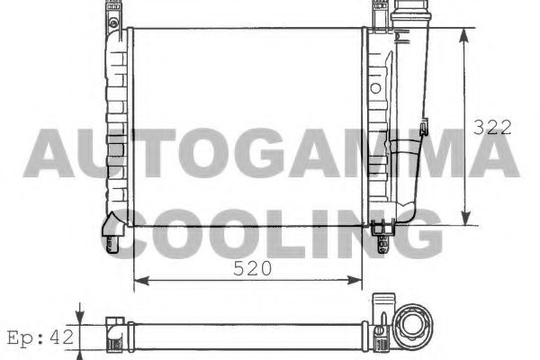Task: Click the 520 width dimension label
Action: (x=252, y=268)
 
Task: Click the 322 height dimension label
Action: (x=492, y=128)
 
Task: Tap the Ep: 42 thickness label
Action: (x=40, y=337)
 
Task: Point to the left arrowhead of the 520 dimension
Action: (x=141, y=281)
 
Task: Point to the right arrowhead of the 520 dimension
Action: (x=355, y=281)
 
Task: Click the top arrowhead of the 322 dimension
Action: (x=464, y=36)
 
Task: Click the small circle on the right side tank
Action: (x=375, y=88)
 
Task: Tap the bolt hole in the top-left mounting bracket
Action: (x=113, y=23)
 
